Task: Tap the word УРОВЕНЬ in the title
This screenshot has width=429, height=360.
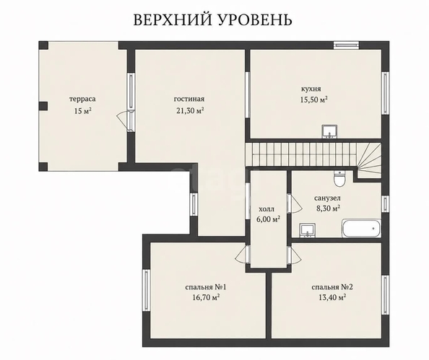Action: tap(256, 19)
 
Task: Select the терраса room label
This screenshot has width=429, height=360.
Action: tap(82, 100)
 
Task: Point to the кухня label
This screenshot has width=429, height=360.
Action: tap(311, 89)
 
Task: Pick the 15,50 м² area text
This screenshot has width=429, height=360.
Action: tap(314, 100)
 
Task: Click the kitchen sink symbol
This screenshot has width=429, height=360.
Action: tap(329, 131)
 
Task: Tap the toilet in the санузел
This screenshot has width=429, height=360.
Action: tap(340, 178)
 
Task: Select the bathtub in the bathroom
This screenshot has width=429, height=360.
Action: tap(361, 228)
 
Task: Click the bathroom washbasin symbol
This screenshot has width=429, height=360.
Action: tap(308, 230)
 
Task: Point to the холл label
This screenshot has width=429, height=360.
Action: tap(266, 210)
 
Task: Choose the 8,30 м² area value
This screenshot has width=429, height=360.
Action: tap(329, 208)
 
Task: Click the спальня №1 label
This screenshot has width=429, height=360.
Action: tap(206, 287)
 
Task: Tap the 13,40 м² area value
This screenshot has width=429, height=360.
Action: tap(332, 297)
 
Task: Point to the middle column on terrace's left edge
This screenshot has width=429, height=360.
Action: tap(43, 106)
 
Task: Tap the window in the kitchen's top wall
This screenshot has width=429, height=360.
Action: tap(347, 45)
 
